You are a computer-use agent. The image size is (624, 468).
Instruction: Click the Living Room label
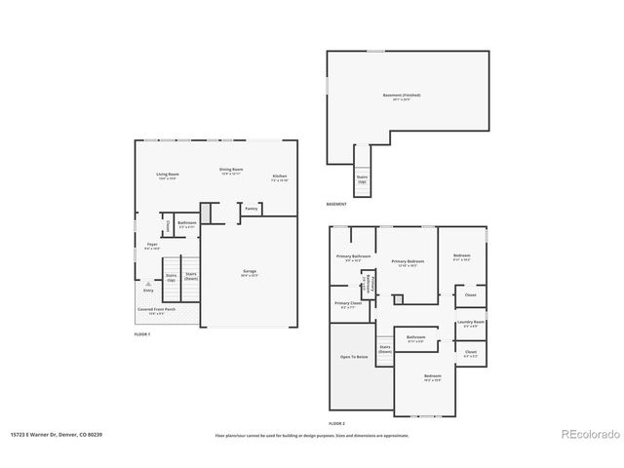(x=168, y=175)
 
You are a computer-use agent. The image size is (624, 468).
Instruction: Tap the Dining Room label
(x=231, y=170)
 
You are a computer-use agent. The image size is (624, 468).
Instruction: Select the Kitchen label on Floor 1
(x=279, y=175)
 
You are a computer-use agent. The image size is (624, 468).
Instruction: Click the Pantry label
(x=251, y=209)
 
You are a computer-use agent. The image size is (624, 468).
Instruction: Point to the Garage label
(x=250, y=271)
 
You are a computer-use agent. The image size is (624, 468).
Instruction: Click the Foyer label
(x=152, y=244)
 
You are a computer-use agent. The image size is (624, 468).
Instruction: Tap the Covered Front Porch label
(x=156, y=309)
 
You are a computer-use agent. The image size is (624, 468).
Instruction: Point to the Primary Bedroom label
(x=408, y=261)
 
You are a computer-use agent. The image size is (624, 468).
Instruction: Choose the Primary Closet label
(x=348, y=303)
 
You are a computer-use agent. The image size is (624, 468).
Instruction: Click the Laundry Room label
(x=471, y=322)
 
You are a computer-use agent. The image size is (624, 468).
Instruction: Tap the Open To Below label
(x=353, y=357)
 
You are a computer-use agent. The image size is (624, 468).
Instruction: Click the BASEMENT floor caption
(x=336, y=204)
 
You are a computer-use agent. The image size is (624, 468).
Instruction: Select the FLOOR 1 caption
(x=142, y=334)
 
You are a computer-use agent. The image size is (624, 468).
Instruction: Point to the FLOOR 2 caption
(x=336, y=423)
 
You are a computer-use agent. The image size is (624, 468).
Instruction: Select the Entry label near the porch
(x=148, y=290)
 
